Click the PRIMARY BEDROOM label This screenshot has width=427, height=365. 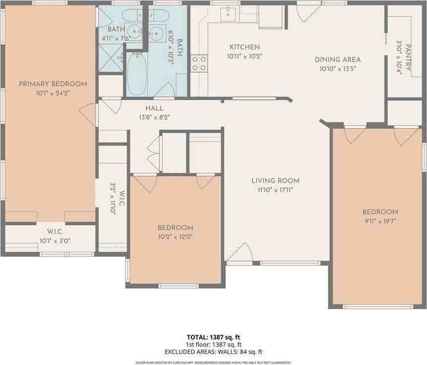point(53,84)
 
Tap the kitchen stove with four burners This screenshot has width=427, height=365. point(199,64)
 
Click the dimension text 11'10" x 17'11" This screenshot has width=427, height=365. point(275,190)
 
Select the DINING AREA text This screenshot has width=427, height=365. point(338,60)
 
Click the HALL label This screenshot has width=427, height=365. point(154,108)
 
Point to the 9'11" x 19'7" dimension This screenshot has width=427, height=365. point(379,221)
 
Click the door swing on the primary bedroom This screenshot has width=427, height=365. point(88,115)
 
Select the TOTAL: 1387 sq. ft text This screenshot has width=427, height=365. point(213,337)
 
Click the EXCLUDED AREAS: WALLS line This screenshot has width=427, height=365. point(213,352)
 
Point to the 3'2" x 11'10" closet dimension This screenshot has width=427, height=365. point(113,198)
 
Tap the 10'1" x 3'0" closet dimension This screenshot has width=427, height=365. point(55,241)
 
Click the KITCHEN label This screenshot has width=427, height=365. point(244,47)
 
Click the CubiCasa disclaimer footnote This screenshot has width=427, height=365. point(213,363)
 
